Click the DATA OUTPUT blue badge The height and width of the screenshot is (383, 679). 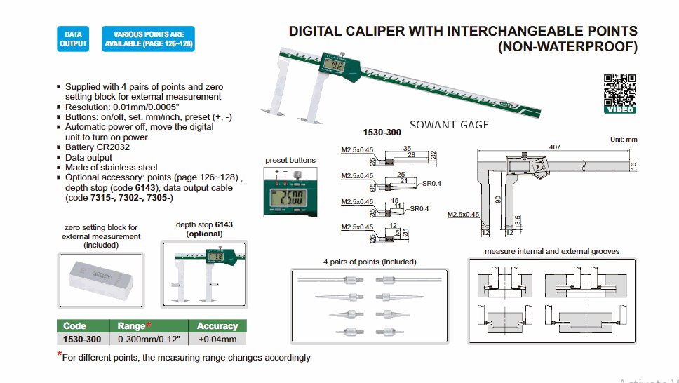coord(73,39)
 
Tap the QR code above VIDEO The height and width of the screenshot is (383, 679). coord(619,89)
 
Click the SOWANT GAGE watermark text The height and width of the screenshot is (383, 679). coord(449,124)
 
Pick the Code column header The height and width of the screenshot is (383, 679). coord(75,326)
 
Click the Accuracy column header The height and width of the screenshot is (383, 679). coord(217,326)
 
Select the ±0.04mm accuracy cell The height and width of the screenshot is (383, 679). coord(217,340)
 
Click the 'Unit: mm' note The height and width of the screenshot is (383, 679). coord(624,140)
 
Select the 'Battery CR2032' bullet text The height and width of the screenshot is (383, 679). coord(98,147)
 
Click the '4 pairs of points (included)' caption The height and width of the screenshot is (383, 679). coord(370,262)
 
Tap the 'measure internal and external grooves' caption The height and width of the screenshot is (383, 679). coord(552,251)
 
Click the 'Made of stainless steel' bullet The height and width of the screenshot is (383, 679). coord(111,168)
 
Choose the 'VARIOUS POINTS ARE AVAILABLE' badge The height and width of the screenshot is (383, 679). coord(149,39)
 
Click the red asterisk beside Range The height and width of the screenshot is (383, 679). coord(149,325)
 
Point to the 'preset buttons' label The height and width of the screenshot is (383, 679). coord(290,161)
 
